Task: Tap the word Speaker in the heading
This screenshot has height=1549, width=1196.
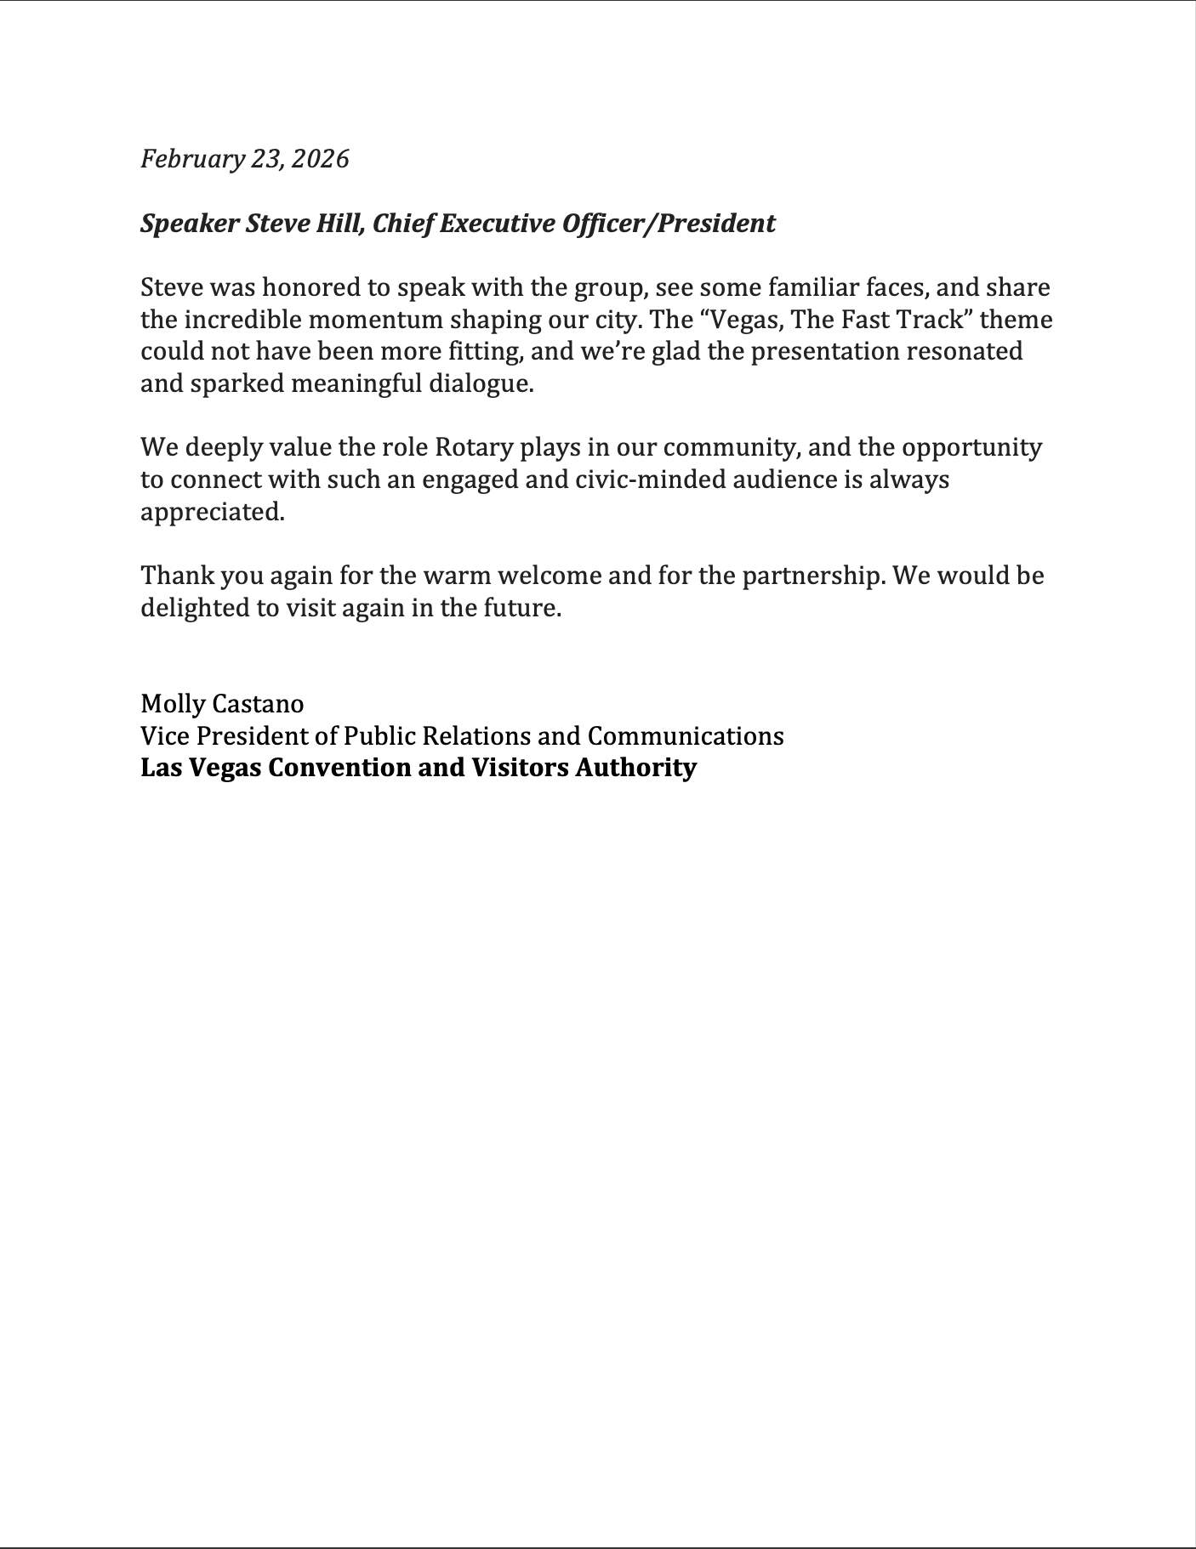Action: point(189,224)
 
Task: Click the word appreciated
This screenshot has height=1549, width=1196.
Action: point(212,512)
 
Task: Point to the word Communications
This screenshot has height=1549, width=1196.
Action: point(686,735)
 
